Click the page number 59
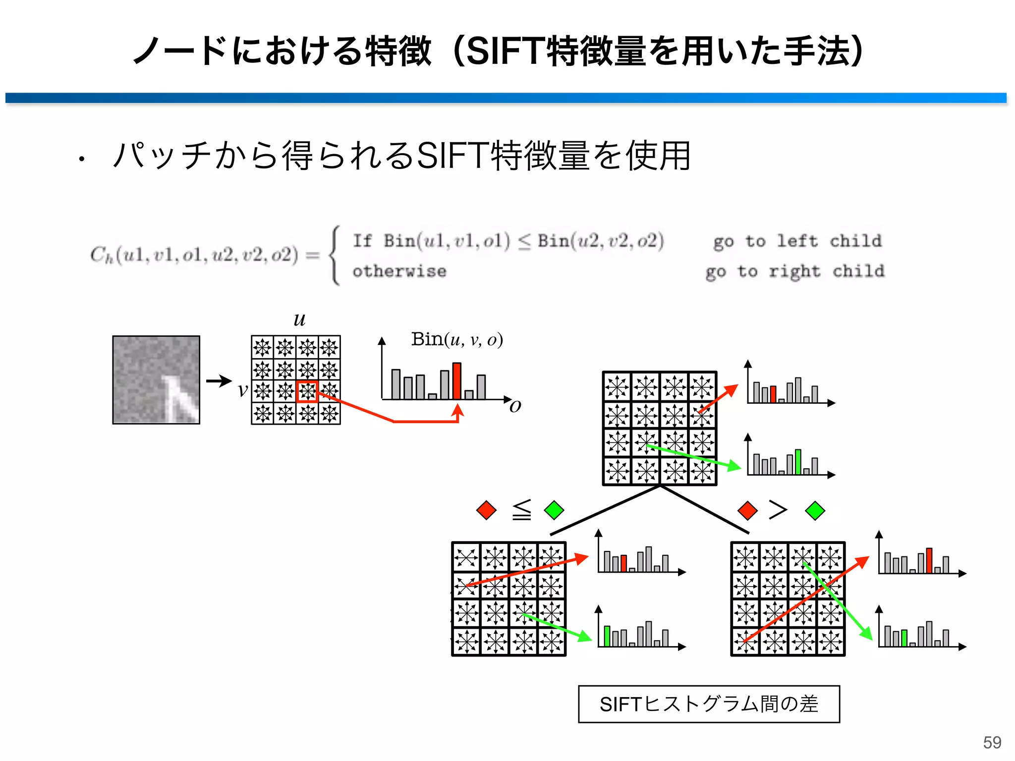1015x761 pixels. coord(992,742)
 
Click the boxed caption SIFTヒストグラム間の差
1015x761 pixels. coord(709,704)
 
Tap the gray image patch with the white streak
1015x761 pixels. coord(156,380)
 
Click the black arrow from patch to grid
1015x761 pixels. coord(219,380)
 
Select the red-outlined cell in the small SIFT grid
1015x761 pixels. coord(307,391)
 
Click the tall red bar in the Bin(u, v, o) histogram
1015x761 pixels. coord(457,380)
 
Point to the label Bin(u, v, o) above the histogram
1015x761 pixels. coord(457,340)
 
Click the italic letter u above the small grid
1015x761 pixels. coord(299,320)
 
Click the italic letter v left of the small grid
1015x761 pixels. coord(242,390)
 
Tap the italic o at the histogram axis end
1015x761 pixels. coord(515,406)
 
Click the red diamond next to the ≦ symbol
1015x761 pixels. coord(486,510)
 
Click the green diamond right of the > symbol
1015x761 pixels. coord(815,510)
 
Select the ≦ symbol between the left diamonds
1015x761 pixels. coord(521,510)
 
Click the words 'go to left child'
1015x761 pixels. coord(797,241)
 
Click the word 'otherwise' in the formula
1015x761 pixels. coord(399,271)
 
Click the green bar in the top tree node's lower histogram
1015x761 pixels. coord(798,462)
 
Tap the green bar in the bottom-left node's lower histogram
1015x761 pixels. coord(607,636)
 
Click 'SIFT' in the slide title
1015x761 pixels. coord(505,51)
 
